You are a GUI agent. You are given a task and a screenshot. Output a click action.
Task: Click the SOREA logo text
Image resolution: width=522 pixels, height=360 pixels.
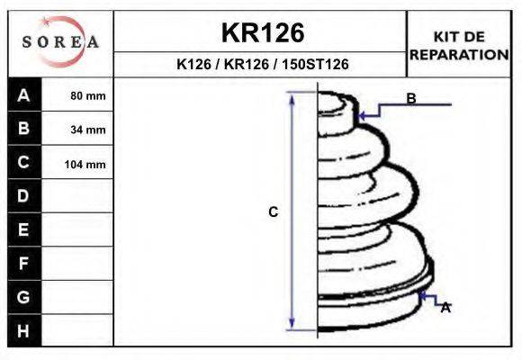point(60,42)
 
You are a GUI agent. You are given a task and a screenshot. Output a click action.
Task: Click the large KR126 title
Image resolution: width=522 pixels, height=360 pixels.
point(263,32)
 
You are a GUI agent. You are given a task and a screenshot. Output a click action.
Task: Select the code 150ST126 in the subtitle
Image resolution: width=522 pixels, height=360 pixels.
point(315,64)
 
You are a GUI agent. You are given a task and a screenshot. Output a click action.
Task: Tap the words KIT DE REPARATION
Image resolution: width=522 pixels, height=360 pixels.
point(459,46)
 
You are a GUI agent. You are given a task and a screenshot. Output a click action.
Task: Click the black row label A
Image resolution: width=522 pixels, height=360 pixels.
point(23,95)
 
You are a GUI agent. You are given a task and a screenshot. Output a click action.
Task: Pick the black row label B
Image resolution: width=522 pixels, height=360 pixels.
point(23,128)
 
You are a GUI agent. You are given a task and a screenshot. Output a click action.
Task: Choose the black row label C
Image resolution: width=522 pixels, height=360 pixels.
point(23,162)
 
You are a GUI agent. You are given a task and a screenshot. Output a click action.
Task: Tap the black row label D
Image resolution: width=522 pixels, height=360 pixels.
point(23,196)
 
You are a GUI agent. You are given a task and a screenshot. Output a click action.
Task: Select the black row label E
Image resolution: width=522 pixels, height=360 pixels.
point(23,229)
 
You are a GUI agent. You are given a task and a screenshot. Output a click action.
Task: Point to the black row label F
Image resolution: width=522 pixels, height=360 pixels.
point(23,264)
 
